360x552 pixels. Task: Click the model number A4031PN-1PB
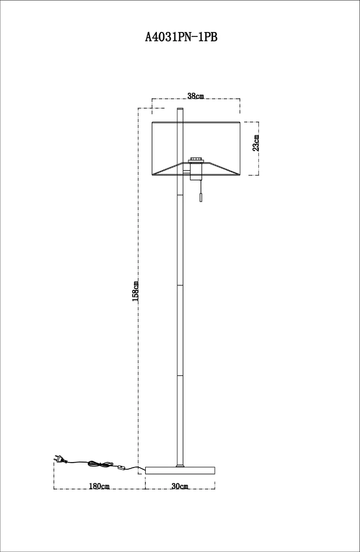(181, 36)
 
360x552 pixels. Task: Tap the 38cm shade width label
(195, 95)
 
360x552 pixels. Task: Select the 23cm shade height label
(256, 142)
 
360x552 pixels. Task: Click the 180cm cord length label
(99, 486)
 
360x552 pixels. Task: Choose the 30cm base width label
(179, 486)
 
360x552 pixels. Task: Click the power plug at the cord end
(59, 459)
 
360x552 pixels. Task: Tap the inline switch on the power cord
(121, 468)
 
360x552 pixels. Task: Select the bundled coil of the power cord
(100, 464)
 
